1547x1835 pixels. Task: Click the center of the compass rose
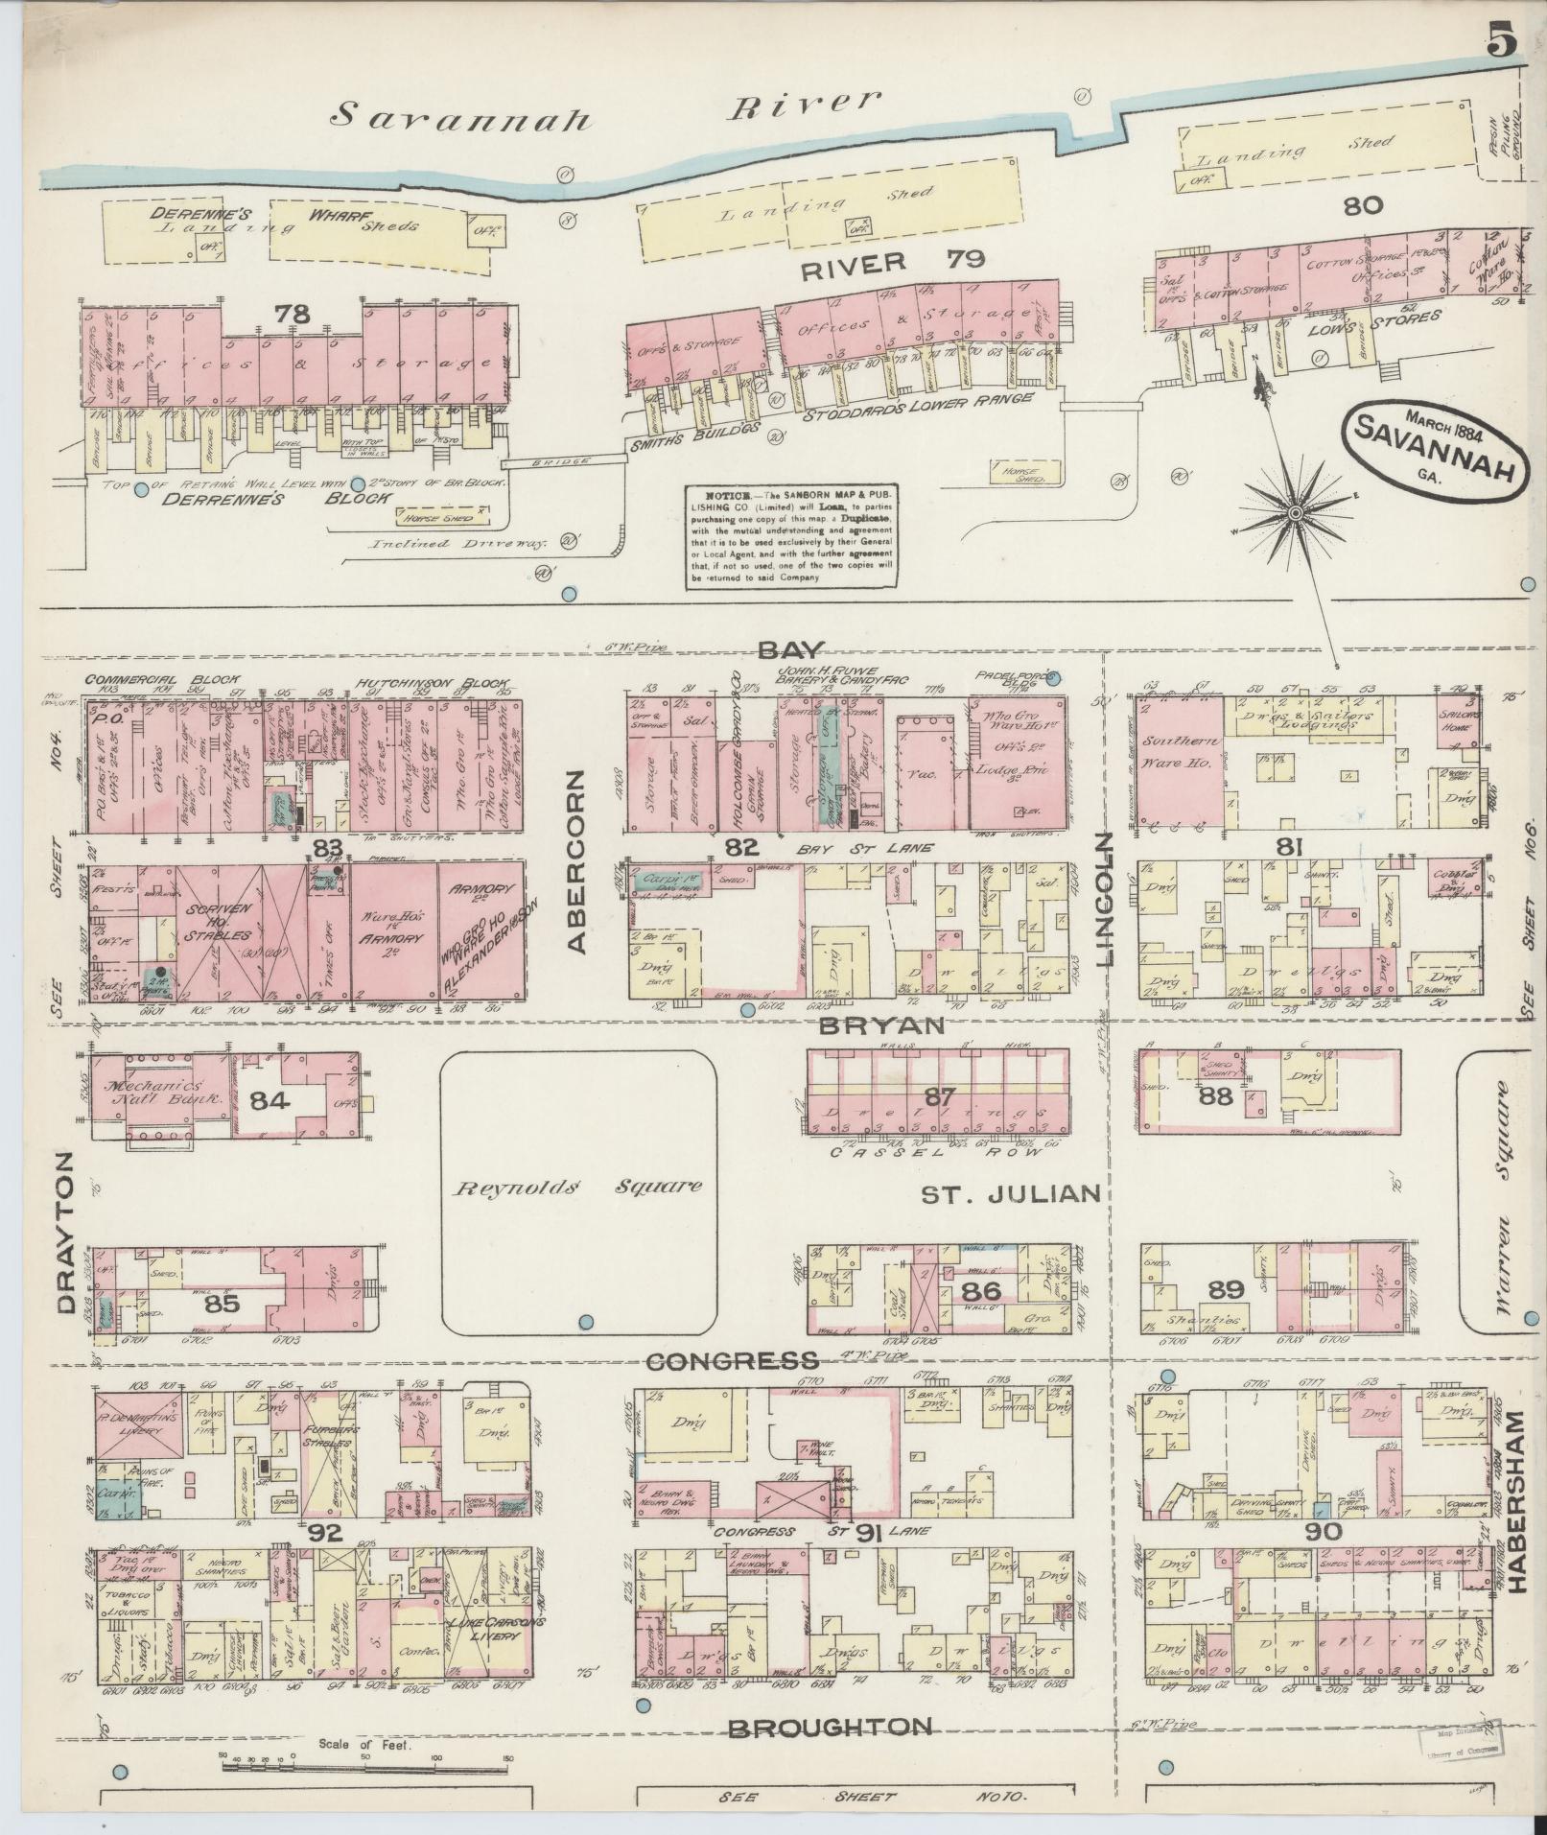(1295, 514)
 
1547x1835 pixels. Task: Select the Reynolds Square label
(577, 1187)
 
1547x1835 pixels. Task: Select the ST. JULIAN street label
(1009, 1194)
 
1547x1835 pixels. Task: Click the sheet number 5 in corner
(1501, 43)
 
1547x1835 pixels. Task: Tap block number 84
(271, 1100)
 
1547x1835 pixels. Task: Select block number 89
(1227, 1289)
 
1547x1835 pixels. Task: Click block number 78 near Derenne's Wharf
(293, 314)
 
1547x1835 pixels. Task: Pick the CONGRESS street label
(733, 1360)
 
